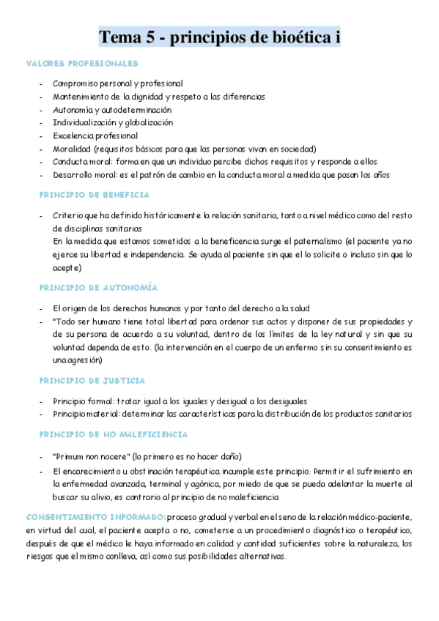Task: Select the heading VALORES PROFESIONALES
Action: (x=82, y=64)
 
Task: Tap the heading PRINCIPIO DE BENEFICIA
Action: (x=95, y=195)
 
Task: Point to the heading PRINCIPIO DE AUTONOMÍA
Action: (x=98, y=288)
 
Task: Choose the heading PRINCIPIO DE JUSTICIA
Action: (x=92, y=381)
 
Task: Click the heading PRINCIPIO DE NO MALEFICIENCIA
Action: (x=114, y=435)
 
